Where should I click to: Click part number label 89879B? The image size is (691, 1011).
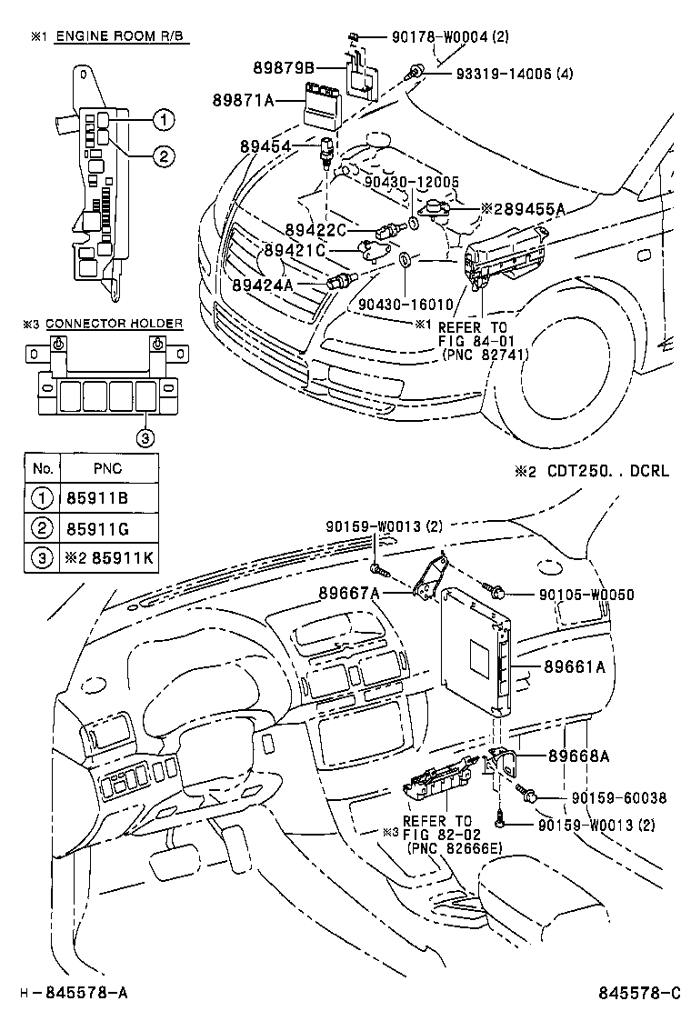(285, 67)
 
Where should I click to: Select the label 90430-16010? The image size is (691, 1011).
(398, 305)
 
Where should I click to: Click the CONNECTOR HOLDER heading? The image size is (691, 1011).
(114, 323)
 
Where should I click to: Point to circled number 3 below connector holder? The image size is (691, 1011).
(145, 438)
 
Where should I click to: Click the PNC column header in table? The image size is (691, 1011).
(107, 469)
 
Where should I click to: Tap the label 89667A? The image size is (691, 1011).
(348, 594)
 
